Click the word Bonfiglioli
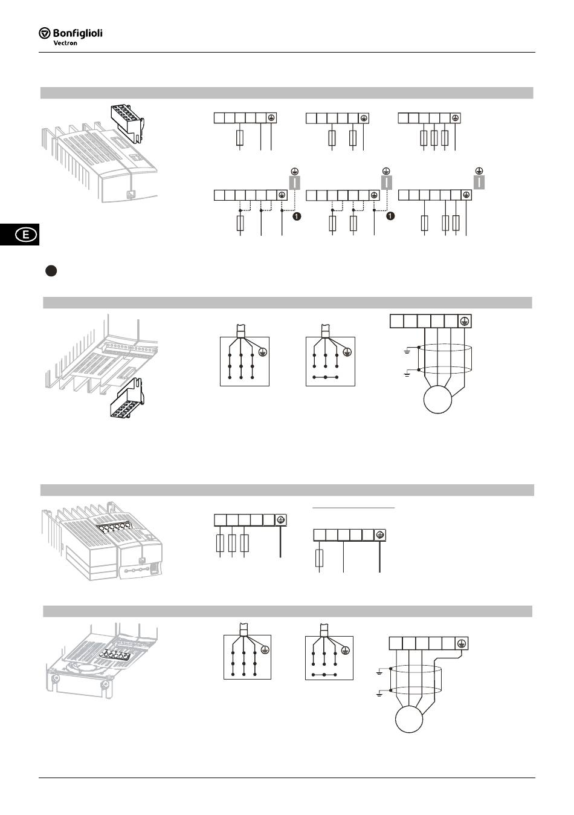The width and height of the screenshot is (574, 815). click(x=78, y=33)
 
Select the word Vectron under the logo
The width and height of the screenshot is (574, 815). click(x=65, y=43)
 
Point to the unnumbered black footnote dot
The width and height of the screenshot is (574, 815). click(x=51, y=271)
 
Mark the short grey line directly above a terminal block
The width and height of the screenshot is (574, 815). click(x=354, y=508)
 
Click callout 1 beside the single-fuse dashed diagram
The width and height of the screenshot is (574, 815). click(x=297, y=216)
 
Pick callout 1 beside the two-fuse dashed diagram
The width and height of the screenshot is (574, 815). click(x=390, y=216)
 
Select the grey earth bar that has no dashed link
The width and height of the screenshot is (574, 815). click(x=479, y=182)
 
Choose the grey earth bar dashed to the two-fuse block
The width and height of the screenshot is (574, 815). click(x=387, y=182)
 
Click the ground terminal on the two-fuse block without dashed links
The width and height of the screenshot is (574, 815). click(x=364, y=118)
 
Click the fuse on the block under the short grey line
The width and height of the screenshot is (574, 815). click(x=320, y=558)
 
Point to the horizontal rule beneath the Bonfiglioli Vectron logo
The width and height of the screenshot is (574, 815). click(x=287, y=53)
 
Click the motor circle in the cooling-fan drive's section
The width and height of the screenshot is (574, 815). click(x=410, y=719)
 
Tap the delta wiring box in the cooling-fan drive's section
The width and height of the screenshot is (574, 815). click(x=329, y=657)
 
